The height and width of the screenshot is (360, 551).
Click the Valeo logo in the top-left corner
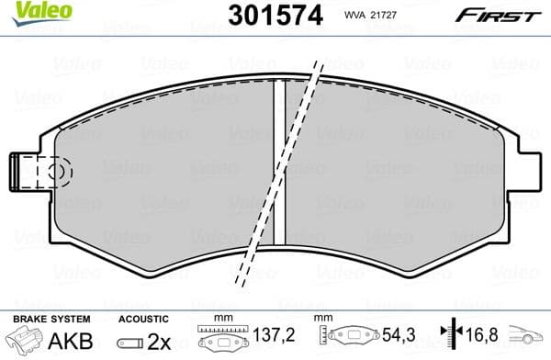click(29, 11)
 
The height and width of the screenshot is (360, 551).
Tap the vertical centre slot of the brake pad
click(282, 161)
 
